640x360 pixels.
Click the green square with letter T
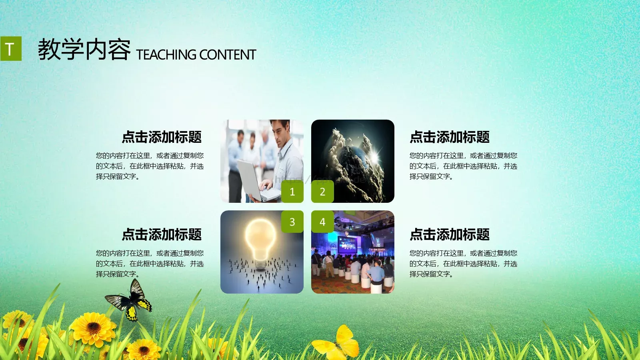click(x=10, y=49)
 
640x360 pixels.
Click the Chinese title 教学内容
click(x=84, y=50)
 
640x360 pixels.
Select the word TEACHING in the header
click(x=166, y=55)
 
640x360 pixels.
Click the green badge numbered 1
click(x=292, y=192)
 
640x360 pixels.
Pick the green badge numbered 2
click(x=322, y=192)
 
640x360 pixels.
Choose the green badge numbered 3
click(x=292, y=222)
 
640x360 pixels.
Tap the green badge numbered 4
click(x=322, y=222)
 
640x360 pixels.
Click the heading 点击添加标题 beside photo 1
click(x=162, y=137)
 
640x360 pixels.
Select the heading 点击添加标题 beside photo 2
click(x=450, y=137)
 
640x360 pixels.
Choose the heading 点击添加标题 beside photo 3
click(x=162, y=235)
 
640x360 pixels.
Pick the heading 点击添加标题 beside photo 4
click(x=450, y=235)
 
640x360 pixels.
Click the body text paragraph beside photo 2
click(x=463, y=166)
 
